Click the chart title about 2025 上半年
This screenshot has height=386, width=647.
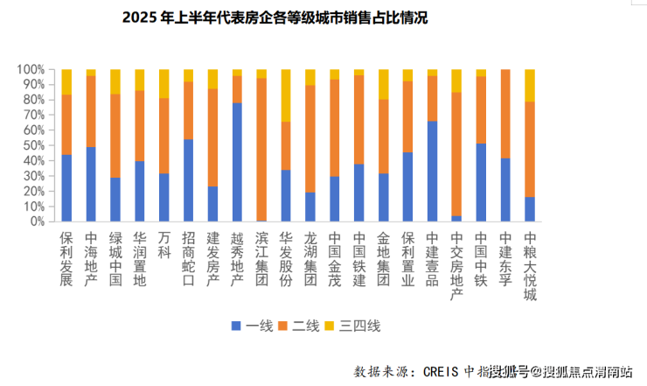pyautogui.click(x=269, y=17)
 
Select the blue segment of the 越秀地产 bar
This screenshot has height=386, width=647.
pyautogui.click(x=237, y=162)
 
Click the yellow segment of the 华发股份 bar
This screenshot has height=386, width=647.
pyautogui.click(x=286, y=95)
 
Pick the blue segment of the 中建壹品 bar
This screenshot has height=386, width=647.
pyautogui.click(x=432, y=171)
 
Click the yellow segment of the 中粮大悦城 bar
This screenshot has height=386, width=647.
pyautogui.click(x=529, y=86)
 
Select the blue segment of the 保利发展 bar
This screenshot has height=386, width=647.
pyautogui.click(x=66, y=188)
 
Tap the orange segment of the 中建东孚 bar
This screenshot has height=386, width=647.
pyautogui.click(x=504, y=114)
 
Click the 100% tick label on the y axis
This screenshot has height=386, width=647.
pyautogui.click(x=31, y=69)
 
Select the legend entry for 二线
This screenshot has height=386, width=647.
pyautogui.click(x=302, y=326)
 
